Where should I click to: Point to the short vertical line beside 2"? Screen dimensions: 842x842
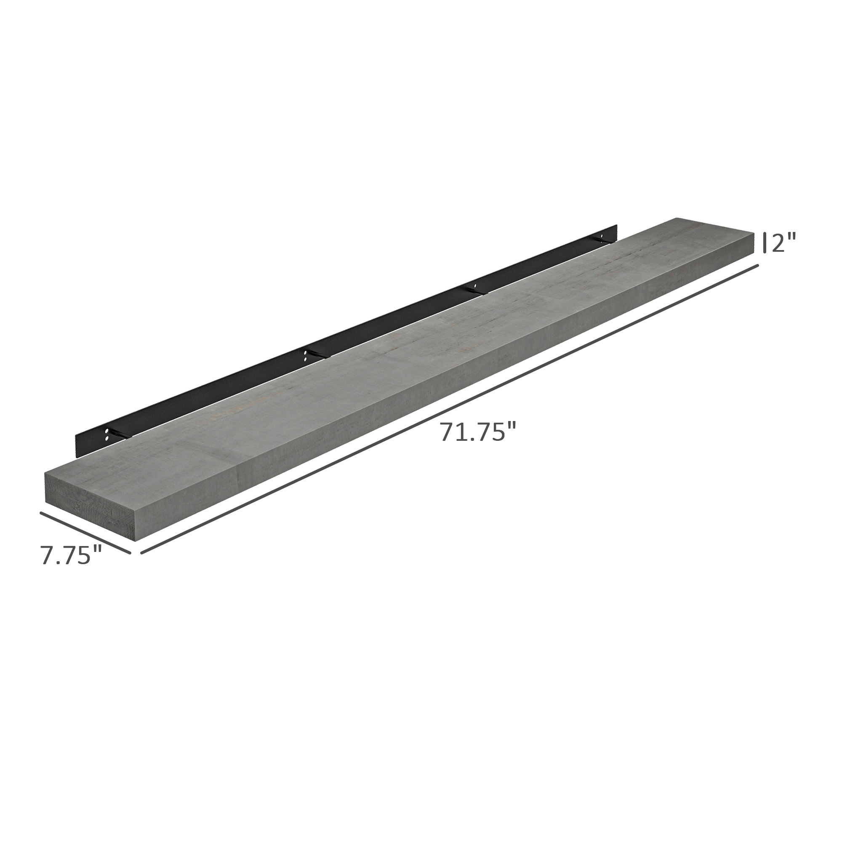(x=765, y=242)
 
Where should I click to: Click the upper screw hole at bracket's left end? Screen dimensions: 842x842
(x=107, y=431)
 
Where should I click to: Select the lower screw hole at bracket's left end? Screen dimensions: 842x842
(x=107, y=437)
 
